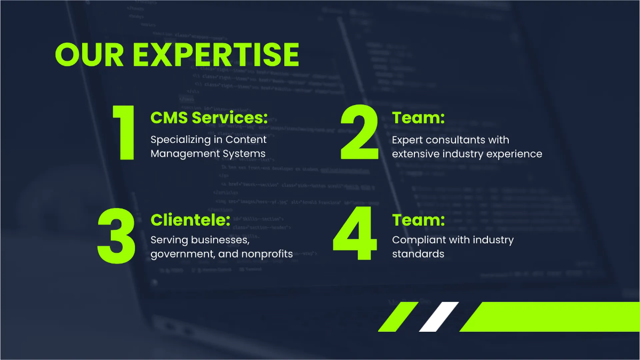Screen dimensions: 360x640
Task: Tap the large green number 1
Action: tap(125, 133)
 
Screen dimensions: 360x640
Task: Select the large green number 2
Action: tap(359, 133)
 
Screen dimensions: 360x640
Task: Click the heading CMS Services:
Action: tap(209, 118)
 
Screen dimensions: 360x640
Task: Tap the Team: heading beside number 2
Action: tap(418, 118)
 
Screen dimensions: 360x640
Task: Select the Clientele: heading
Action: tap(190, 220)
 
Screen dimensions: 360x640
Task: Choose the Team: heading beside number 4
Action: tap(418, 220)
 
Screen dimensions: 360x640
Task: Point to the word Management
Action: tap(180, 154)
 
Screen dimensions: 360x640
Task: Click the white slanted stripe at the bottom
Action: tap(438, 316)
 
